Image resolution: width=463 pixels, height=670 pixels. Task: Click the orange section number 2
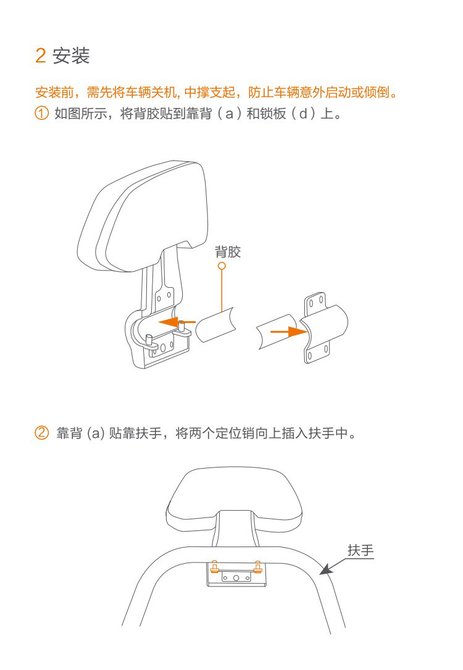coord(41,56)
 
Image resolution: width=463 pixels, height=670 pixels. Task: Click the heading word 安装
coord(71,56)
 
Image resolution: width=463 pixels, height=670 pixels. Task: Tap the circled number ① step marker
coord(41,113)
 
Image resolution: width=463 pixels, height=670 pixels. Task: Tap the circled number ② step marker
coord(41,433)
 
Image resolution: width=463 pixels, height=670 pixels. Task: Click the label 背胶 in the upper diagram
coord(228,252)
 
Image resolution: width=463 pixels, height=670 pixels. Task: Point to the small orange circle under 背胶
coord(222,266)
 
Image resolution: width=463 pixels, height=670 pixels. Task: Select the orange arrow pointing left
coord(177,322)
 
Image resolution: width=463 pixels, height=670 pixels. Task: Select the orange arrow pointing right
coord(289,331)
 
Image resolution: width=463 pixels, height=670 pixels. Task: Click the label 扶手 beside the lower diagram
coord(361,550)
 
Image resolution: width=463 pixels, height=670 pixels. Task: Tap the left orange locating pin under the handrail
coord(214,566)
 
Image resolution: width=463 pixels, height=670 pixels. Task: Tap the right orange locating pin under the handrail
coord(257,566)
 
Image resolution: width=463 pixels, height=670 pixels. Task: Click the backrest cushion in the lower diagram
coord(235,498)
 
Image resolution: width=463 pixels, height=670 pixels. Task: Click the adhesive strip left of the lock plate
coord(278,332)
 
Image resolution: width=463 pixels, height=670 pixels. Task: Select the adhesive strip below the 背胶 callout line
coord(215,324)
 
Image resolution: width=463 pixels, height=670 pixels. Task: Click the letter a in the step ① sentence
coord(230,114)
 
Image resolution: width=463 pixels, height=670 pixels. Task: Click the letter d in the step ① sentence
coord(304,113)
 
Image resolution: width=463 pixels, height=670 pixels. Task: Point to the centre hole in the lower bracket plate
coord(236,578)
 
